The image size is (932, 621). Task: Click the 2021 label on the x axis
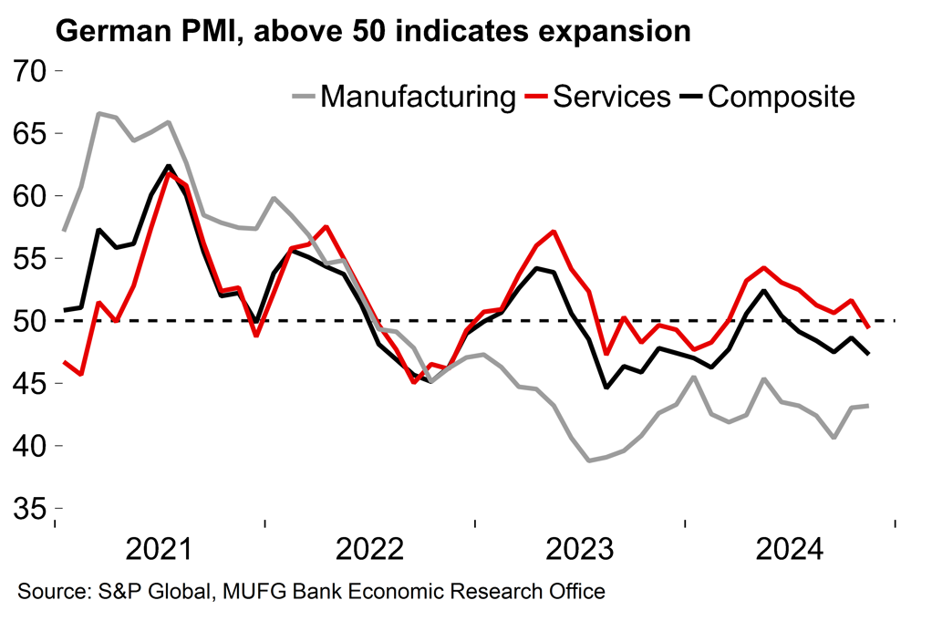pyautogui.click(x=161, y=550)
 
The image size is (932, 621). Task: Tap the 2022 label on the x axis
pyautogui.click(x=370, y=550)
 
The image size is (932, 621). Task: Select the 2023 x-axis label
pyautogui.click(x=580, y=550)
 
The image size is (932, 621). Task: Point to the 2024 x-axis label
pyautogui.click(x=790, y=550)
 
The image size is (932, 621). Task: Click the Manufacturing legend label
pyautogui.click(x=418, y=96)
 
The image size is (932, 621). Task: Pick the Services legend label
pyautogui.click(x=612, y=96)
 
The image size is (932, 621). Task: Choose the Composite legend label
pyautogui.click(x=782, y=96)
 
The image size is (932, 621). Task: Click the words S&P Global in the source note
pyautogui.click(x=156, y=592)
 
